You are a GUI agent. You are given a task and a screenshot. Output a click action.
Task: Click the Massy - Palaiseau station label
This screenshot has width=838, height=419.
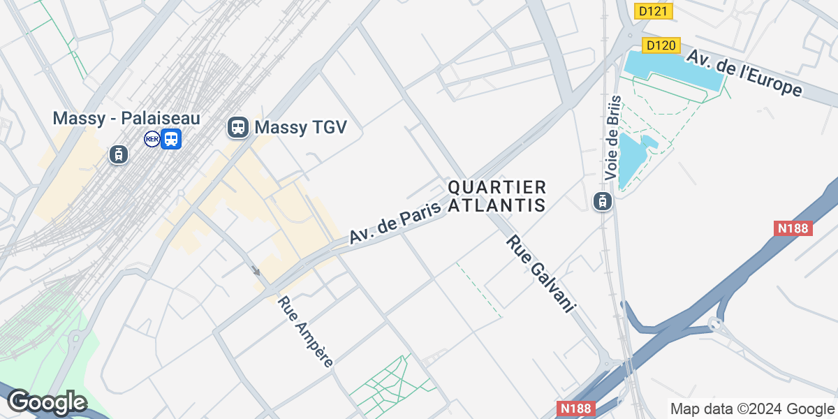126,118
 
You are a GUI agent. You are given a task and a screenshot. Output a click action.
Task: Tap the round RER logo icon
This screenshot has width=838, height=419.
152,139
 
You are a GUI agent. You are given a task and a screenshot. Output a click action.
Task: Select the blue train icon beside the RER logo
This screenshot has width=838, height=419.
171,139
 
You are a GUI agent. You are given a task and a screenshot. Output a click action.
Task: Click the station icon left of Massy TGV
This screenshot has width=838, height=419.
238,128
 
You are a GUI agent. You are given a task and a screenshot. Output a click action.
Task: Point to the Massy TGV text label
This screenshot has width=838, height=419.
300,128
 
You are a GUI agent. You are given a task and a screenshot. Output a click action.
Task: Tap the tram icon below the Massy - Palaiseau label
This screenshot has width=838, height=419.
118,154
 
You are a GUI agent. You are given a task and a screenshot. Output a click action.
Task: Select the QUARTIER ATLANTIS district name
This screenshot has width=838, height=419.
497,196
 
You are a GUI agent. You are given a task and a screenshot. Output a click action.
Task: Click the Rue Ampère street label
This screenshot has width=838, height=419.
305,332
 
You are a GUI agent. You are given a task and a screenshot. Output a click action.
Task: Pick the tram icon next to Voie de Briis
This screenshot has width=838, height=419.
602,202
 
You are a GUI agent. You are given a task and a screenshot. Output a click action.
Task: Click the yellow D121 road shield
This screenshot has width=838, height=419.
653,10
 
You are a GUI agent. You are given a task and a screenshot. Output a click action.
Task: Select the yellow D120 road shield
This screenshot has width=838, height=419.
660,45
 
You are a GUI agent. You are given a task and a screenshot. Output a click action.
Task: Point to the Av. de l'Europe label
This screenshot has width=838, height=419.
743,73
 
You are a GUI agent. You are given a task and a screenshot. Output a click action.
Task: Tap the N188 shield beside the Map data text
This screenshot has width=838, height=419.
577,408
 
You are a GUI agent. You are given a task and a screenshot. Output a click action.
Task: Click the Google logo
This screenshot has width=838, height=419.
46,402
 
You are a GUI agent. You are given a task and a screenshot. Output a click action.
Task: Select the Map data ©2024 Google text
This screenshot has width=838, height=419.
752,409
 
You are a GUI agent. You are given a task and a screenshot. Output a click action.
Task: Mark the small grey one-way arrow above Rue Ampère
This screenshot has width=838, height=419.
256,271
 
